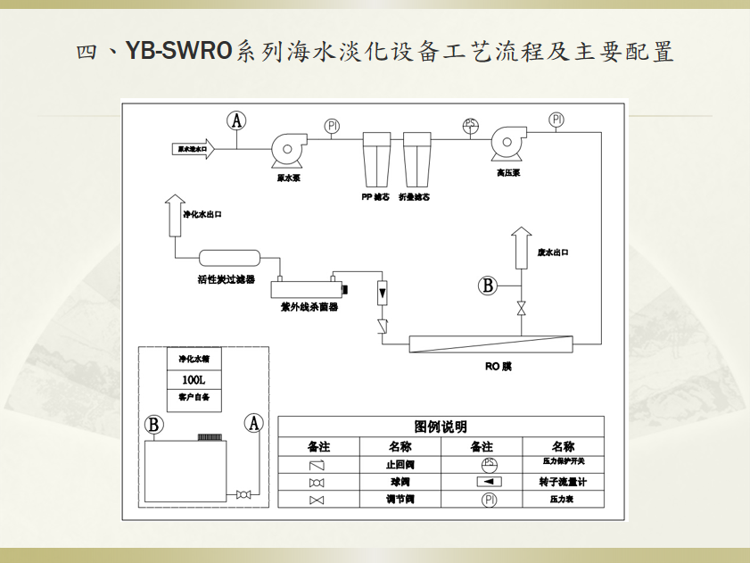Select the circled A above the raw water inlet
[x=236, y=120]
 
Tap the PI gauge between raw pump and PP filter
[x=332, y=126]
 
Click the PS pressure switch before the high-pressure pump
[x=470, y=125]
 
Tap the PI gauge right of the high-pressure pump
[x=557, y=120]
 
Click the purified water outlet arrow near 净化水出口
[x=175, y=214]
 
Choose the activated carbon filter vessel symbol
[x=229, y=259]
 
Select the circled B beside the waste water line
[x=488, y=286]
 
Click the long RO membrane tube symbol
[x=490, y=344]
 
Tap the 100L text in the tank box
[x=194, y=378]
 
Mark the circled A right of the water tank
[x=255, y=424]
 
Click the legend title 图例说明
[x=441, y=427]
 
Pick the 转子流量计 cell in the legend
[x=563, y=482]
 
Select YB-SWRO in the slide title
[x=179, y=51]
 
